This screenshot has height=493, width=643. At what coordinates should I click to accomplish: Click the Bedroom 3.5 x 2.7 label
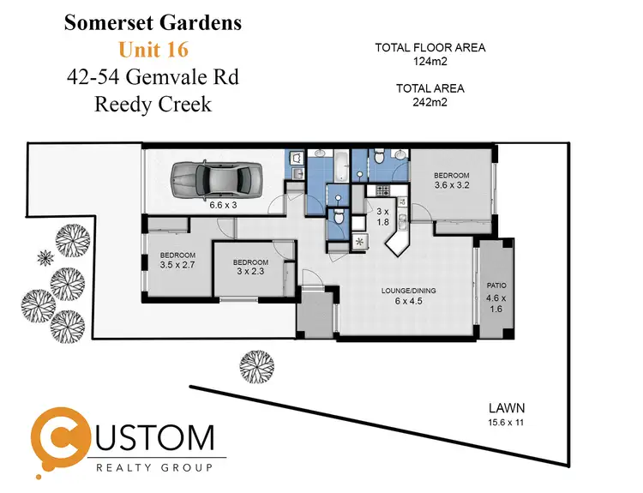click(178, 261)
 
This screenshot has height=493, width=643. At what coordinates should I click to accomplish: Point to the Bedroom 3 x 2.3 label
click(250, 268)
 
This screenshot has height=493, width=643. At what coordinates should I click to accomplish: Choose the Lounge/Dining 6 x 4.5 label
click(408, 297)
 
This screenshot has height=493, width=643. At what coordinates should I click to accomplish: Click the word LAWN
click(507, 408)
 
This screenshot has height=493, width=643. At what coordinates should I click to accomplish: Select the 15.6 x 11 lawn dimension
click(507, 423)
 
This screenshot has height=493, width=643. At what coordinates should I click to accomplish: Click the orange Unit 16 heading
click(153, 50)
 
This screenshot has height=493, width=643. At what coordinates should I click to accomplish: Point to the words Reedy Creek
click(152, 105)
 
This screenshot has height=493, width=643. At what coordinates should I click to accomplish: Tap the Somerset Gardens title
click(152, 22)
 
